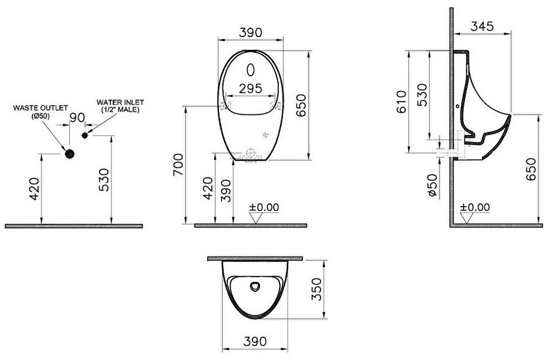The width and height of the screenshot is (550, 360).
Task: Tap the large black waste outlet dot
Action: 70,154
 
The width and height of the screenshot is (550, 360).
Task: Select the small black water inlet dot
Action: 85,136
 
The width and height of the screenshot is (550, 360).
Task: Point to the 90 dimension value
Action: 77,117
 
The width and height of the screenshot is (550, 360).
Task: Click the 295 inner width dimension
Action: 251,89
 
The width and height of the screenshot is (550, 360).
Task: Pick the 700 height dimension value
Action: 178,165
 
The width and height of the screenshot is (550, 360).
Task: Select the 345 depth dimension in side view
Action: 482,26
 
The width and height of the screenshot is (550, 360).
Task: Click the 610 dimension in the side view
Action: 401,102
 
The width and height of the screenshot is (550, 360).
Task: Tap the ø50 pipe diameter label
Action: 433,185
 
